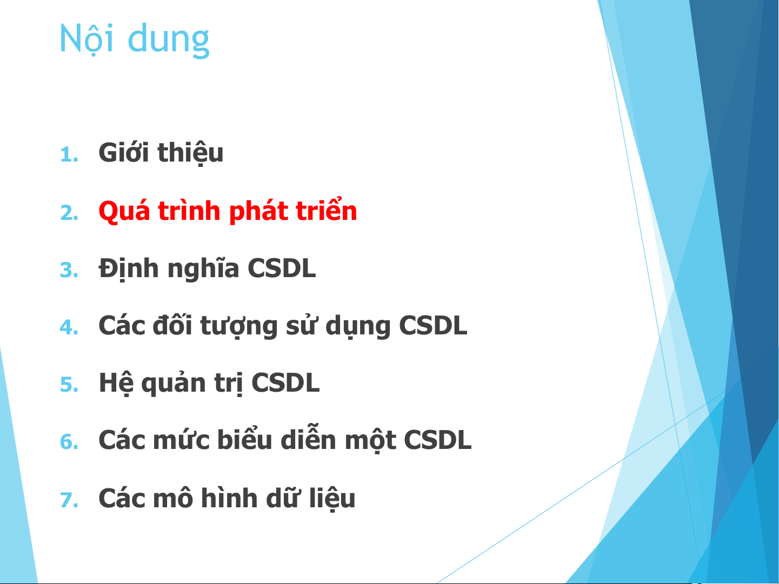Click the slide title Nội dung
135,39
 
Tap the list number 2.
70,213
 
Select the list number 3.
70,270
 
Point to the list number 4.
70,327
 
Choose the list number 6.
70,442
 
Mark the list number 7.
70,500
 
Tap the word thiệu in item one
191,153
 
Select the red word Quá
124,211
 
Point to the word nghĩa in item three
203,269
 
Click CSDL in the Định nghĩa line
282,268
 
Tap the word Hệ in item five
116,384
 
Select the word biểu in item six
244,439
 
